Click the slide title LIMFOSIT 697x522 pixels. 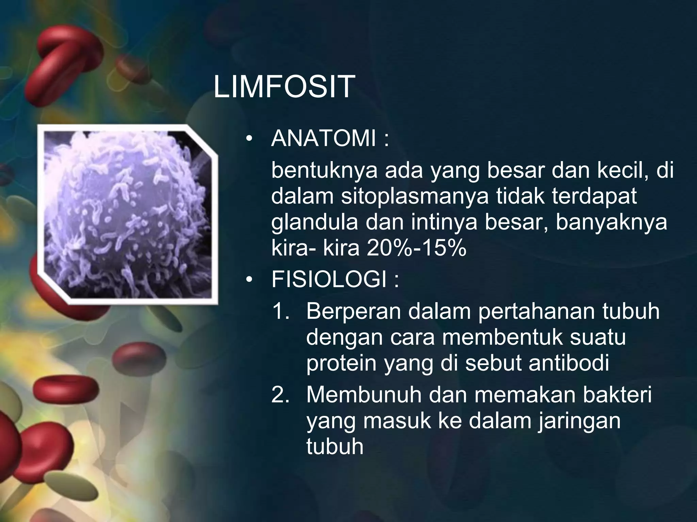pos(284,87)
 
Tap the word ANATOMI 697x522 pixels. pos(324,139)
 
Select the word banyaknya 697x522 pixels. pos(611,222)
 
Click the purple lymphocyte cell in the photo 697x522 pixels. pos(123,211)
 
